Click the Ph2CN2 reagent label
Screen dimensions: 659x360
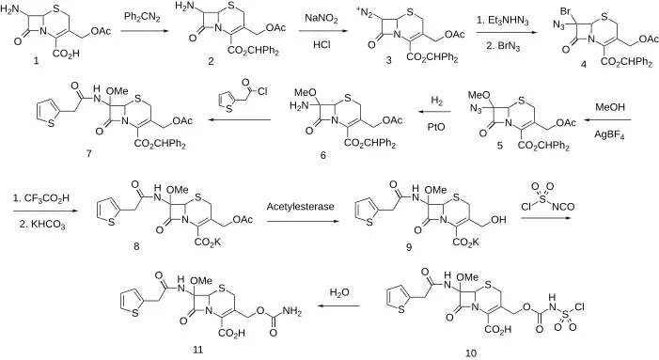tap(142, 18)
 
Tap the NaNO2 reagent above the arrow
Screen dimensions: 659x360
tap(322, 19)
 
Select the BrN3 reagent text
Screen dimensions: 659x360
tap(503, 46)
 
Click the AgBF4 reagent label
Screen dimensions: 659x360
tap(609, 135)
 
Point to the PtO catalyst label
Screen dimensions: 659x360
tap(436, 127)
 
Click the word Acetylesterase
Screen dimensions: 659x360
tap(301, 206)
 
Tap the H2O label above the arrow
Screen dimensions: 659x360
tap(339, 292)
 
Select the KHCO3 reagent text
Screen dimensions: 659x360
tap(42, 225)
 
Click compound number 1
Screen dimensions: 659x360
tap(36, 60)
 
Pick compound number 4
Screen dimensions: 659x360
tap(584, 64)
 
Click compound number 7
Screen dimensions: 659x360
tap(88, 154)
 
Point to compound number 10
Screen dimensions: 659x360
tap(471, 352)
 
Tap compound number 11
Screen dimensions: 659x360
tap(198, 350)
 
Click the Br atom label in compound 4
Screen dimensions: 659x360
tap(565, 11)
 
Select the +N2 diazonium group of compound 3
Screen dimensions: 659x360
tap(365, 13)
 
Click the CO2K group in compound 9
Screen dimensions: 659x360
tap(466, 243)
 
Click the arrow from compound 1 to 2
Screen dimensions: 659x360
tap(143, 31)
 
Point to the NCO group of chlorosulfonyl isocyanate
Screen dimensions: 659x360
tap(563, 206)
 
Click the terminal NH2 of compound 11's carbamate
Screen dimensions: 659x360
tap(292, 312)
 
